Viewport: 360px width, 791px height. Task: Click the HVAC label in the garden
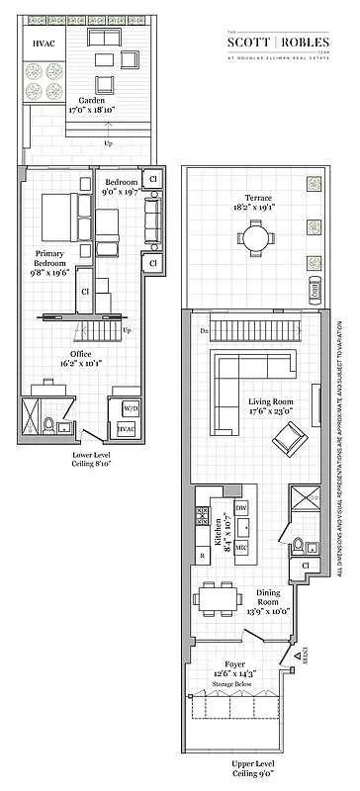pyautogui.click(x=45, y=44)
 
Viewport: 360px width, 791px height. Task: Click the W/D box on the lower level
pyautogui.click(x=130, y=407)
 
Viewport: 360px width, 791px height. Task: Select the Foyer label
pyautogui.click(x=234, y=667)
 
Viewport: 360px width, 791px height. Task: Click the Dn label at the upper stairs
pyautogui.click(x=203, y=331)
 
